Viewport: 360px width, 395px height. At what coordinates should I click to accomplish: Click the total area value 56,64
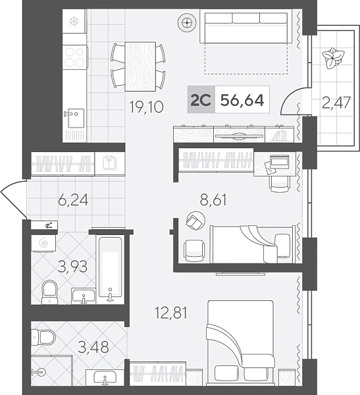[242, 101]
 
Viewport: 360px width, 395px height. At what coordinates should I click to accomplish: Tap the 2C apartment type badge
[201, 101]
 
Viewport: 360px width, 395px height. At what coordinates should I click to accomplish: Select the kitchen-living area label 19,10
[146, 107]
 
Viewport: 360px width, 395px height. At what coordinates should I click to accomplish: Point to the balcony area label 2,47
[336, 103]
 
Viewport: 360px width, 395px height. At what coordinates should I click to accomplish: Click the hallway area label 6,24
[73, 200]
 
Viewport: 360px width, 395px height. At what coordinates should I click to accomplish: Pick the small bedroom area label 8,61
[213, 200]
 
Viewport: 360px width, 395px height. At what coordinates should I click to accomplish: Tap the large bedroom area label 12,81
[171, 313]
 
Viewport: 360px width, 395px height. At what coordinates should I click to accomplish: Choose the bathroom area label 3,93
[72, 267]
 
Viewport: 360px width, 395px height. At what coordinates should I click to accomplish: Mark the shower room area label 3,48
[93, 347]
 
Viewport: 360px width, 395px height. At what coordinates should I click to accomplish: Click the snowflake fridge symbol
[74, 21]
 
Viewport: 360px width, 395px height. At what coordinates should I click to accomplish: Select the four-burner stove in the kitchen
[74, 57]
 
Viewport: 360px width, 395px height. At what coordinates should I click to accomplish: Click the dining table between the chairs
[140, 66]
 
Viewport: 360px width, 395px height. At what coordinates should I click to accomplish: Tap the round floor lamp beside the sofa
[187, 22]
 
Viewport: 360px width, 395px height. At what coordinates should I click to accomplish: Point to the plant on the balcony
[333, 58]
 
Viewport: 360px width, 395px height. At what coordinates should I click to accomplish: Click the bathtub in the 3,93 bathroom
[111, 269]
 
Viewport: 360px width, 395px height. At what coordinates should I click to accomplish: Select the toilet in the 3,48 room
[43, 337]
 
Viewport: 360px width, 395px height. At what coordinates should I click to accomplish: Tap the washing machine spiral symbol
[43, 243]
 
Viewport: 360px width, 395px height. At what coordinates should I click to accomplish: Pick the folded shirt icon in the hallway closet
[110, 163]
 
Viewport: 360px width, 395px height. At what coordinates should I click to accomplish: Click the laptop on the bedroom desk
[279, 161]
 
